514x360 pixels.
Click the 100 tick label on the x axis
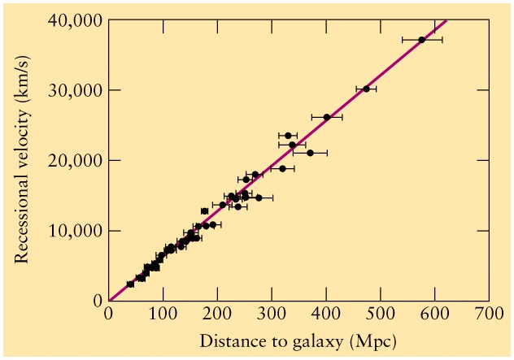pyautogui.click(x=163, y=314)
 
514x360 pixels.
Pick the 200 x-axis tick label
pyautogui.click(x=217, y=314)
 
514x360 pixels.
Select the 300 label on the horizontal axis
pyautogui.click(x=272, y=314)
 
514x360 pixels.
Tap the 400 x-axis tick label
pyautogui.click(x=325, y=314)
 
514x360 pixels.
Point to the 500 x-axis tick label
pyautogui.click(x=380, y=314)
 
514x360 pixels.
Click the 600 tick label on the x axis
pyautogui.click(x=434, y=314)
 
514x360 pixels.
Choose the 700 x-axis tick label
pyautogui.click(x=488, y=314)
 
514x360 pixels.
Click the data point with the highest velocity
pyautogui.click(x=421, y=39)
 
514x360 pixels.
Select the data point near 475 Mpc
pyautogui.click(x=366, y=89)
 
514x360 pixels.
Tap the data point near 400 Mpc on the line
pyautogui.click(x=327, y=117)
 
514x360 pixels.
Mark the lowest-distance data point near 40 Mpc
pyautogui.click(x=130, y=284)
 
